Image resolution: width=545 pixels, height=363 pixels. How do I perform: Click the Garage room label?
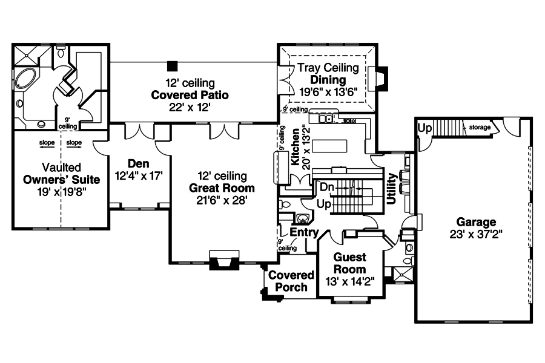click(x=477, y=222)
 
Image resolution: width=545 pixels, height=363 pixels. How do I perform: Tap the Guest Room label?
click(x=350, y=263)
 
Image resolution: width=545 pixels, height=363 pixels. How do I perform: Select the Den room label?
click(x=139, y=163)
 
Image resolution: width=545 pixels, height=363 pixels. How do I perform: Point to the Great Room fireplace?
click(x=224, y=262)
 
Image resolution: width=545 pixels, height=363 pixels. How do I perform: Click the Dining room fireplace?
click(x=380, y=79)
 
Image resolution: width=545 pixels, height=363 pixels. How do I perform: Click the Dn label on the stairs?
click(x=328, y=188)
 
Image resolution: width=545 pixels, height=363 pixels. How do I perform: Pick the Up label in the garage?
click(x=425, y=128)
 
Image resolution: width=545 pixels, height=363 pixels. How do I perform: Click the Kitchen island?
click(x=329, y=146)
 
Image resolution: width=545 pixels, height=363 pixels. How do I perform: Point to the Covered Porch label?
click(x=292, y=281)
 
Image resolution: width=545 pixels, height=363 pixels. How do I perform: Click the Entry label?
click(x=304, y=232)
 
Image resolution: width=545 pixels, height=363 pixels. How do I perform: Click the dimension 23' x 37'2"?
click(x=477, y=234)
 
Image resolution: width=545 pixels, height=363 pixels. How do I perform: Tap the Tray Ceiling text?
click(x=328, y=68)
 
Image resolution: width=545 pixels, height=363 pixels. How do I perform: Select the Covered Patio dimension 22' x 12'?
click(x=190, y=107)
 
